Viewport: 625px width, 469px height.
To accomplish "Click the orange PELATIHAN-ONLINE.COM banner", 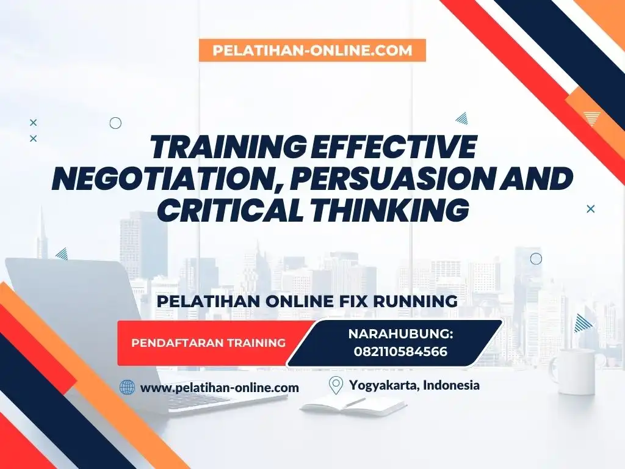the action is [312, 50].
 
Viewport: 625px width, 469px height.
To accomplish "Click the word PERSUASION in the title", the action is [383, 178].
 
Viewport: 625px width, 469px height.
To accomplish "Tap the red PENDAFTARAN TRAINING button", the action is [209, 343].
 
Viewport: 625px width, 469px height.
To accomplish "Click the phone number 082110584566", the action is [400, 352].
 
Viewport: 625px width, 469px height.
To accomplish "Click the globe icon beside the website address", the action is [127, 387].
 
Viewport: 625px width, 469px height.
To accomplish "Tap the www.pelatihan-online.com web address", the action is [220, 388].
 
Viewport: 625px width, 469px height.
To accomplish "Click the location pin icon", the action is [336, 385].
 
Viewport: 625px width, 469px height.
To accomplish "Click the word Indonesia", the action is [451, 385].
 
